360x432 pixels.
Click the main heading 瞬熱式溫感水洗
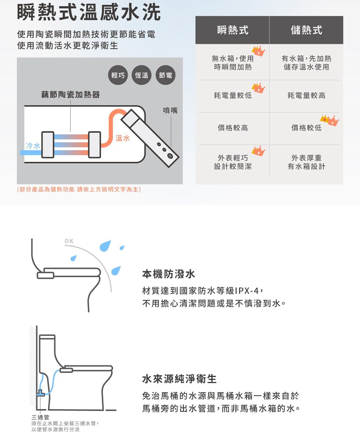coord(89,13)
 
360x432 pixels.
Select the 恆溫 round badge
coord(141,76)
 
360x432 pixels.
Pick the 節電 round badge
coord(165,76)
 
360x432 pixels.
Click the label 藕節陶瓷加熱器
coord(70,95)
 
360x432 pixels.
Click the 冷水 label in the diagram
coord(33,145)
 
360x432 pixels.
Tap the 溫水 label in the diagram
coord(123,139)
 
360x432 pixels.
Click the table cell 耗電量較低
coord(233,95)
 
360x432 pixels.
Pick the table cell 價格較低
coord(306,128)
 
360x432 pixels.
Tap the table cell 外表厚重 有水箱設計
coord(306,162)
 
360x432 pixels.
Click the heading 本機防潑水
coord(168,274)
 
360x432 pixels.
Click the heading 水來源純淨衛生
coord(179,379)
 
